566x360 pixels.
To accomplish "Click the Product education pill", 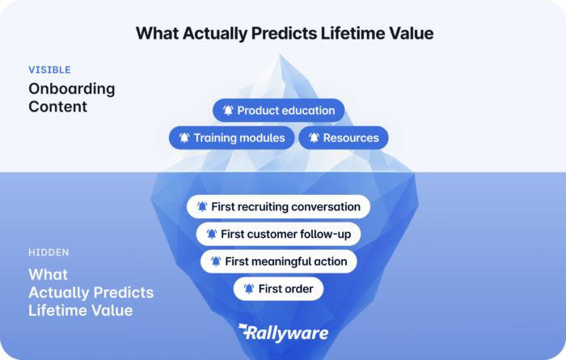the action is [279, 110].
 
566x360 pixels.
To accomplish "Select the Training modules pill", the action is [232, 138].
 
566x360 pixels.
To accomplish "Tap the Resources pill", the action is [344, 138].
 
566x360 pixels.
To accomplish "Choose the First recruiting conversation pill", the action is [278, 206].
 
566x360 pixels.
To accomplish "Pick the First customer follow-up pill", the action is [278, 234].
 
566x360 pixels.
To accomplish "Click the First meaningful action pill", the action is [279, 261].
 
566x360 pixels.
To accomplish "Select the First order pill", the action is [278, 289].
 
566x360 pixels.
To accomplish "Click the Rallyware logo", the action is [283, 333].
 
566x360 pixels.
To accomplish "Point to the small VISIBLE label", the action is [50, 70].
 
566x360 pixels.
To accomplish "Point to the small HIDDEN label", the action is [49, 252].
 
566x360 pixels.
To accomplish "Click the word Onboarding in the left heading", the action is [72, 89].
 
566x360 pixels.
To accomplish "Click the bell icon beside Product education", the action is [228, 110].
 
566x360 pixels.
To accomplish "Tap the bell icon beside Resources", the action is [314, 138].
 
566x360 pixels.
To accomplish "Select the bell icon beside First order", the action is [249, 289].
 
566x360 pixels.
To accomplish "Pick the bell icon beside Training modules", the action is [184, 138].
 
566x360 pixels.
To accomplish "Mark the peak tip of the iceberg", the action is [280, 54].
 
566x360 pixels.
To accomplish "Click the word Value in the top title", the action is [411, 33].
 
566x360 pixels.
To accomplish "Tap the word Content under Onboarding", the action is [57, 107].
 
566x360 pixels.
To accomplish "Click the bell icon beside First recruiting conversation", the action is [202, 206].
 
